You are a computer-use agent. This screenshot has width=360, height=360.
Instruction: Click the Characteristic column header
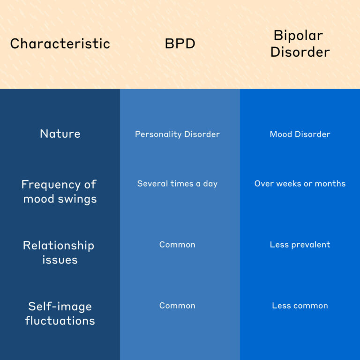(x=60, y=44)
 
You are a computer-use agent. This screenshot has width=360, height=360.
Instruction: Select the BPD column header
(x=180, y=44)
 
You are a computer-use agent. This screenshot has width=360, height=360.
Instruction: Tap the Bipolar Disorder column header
(x=300, y=44)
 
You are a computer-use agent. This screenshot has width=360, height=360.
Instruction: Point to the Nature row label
(x=60, y=134)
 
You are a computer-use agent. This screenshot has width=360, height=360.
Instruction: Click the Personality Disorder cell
(x=177, y=135)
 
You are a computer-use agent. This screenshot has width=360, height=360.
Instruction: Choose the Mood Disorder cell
(x=300, y=134)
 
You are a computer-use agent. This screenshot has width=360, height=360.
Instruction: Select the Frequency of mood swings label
(x=60, y=192)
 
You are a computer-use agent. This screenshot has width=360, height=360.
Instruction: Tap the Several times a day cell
(x=177, y=184)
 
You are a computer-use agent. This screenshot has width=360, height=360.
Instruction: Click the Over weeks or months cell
(x=300, y=184)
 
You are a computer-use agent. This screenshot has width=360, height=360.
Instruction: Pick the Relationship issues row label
(x=59, y=253)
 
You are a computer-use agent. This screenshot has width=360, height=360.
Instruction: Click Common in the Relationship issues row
(x=177, y=245)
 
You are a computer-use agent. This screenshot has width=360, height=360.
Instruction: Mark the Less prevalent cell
(x=300, y=245)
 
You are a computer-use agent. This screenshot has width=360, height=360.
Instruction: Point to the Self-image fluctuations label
(x=60, y=314)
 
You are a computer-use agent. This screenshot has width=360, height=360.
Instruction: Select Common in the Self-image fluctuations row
(x=177, y=306)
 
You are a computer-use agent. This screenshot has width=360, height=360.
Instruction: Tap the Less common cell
(x=300, y=306)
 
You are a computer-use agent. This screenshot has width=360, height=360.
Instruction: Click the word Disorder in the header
(x=300, y=52)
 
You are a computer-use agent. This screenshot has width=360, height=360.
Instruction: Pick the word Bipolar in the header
(x=298, y=36)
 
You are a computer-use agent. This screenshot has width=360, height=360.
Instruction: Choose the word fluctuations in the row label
(x=60, y=321)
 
